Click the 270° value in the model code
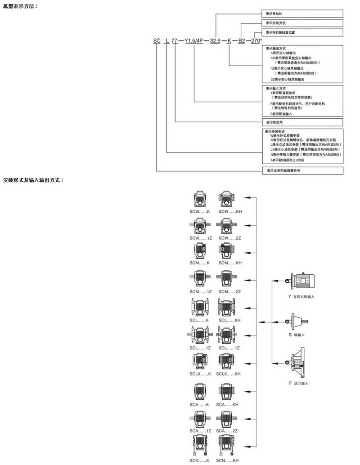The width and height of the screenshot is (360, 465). [256, 41]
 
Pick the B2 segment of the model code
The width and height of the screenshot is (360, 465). [241, 41]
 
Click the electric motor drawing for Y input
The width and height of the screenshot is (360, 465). [303, 281]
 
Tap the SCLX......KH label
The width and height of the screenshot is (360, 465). [229, 374]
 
